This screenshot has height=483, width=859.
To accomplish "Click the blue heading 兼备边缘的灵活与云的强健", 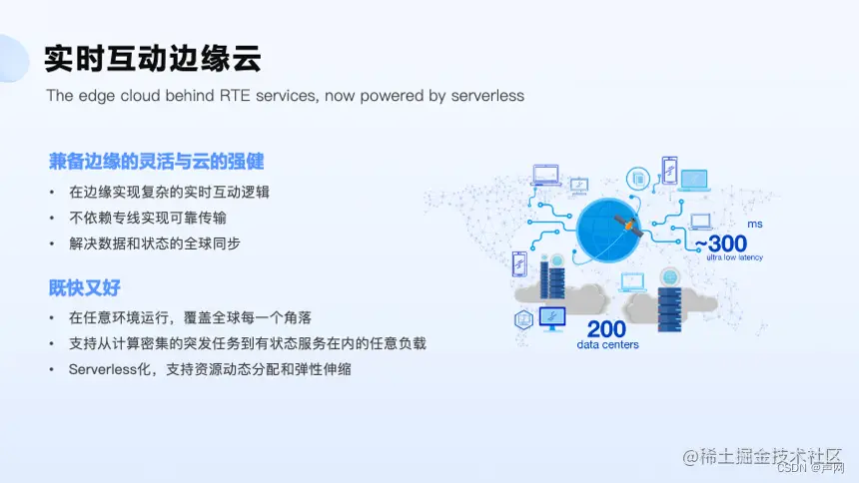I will (157, 161).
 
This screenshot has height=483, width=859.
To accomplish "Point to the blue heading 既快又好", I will (85, 287).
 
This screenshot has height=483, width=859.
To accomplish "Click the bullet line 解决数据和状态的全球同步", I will (155, 242).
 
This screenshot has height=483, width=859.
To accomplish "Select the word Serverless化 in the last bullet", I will (110, 369).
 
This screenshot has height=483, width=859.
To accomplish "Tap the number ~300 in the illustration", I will (720, 243).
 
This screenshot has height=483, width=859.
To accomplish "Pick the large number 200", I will (606, 329).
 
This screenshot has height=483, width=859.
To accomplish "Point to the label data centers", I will (607, 345).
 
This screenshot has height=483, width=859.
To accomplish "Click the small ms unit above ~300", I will (754, 225).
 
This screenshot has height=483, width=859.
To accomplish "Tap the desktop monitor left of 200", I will (551, 317).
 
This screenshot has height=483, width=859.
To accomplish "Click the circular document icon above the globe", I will (635, 178).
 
